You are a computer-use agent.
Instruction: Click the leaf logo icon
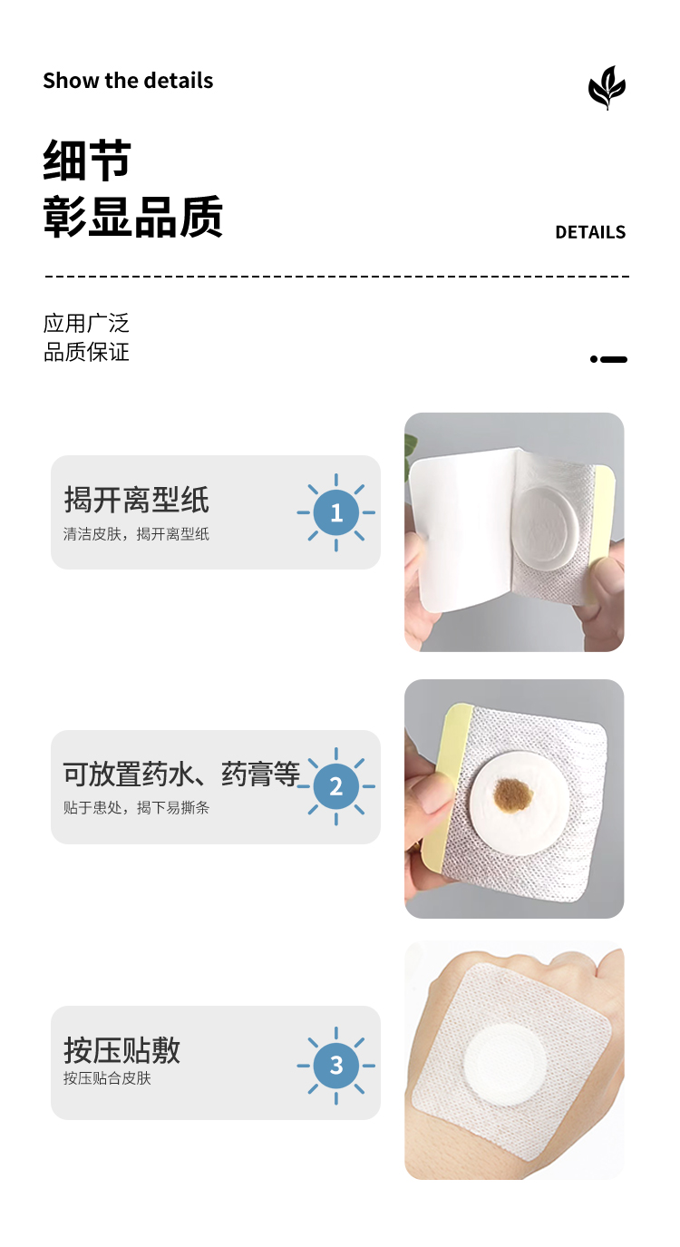tap(607, 87)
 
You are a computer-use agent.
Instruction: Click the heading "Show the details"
tap(128, 81)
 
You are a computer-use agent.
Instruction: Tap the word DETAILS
tap(590, 232)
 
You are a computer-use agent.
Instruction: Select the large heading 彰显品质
tap(133, 217)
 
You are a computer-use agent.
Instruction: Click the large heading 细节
tap(87, 160)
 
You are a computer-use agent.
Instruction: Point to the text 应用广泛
tap(86, 323)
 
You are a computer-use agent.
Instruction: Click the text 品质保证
tap(86, 352)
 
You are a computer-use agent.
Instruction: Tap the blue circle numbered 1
tap(336, 512)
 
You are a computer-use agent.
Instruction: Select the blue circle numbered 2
tap(336, 786)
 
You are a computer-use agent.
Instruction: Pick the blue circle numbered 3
tap(336, 1065)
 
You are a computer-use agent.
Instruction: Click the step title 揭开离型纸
tap(136, 500)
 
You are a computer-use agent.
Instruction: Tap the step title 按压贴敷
tap(121, 1050)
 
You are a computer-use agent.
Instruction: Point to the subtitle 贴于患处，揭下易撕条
tap(136, 808)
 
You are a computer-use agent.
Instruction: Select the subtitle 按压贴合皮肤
tap(107, 1078)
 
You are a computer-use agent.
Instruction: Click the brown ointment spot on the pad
tap(513, 792)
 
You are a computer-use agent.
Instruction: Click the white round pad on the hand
tap(505, 1065)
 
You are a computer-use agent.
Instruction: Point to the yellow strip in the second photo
tap(442, 791)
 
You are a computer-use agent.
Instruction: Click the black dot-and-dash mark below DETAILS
tap(608, 360)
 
